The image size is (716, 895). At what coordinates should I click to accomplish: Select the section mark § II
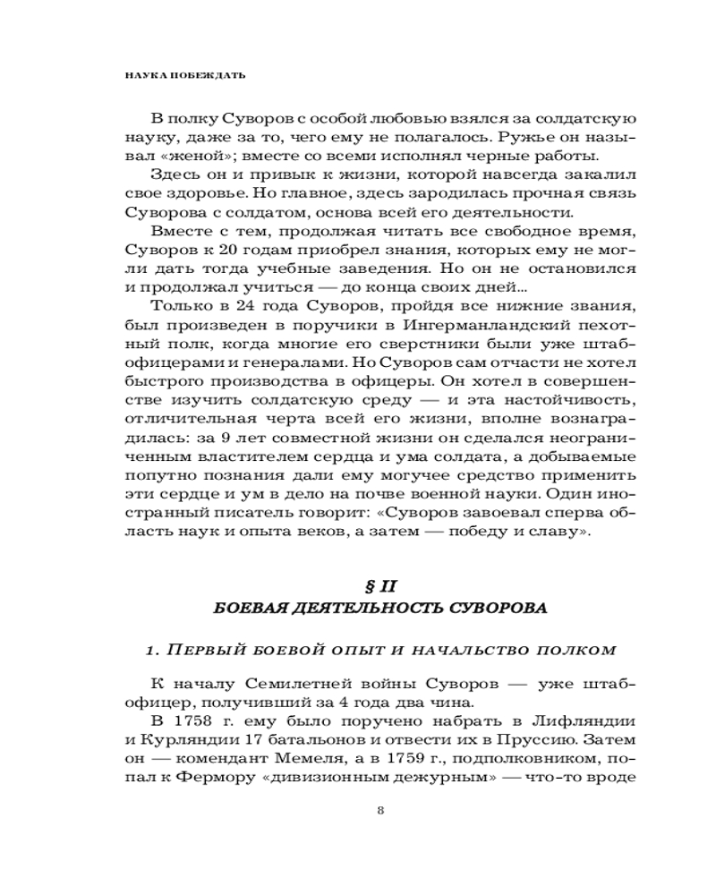381,586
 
